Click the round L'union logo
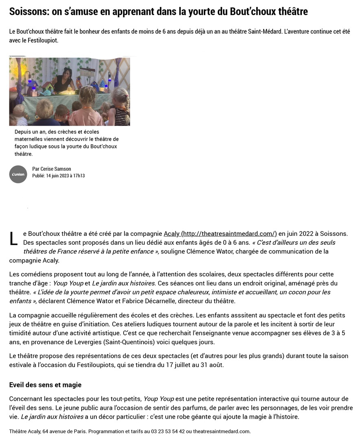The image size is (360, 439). click(18, 174)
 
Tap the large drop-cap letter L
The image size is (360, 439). click(13, 239)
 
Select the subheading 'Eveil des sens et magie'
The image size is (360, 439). click(45, 385)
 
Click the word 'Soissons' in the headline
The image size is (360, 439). click(28, 11)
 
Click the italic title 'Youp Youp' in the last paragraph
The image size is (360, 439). click(156, 399)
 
